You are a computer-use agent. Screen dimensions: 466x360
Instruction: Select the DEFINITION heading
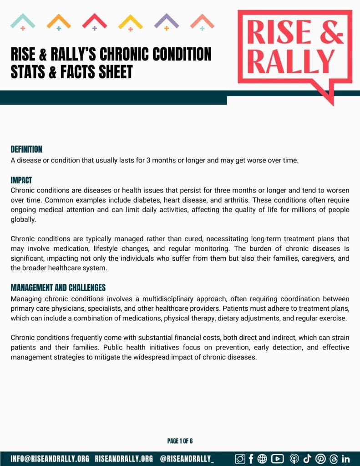point(26,149)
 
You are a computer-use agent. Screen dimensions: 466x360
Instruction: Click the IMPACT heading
point(21,180)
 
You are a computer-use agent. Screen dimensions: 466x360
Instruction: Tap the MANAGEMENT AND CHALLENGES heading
point(58,288)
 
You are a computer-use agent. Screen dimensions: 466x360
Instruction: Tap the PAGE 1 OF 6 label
point(180,441)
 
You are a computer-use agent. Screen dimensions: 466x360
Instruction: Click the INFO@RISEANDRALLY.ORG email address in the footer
point(50,458)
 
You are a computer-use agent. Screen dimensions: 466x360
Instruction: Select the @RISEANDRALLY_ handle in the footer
point(187,458)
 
